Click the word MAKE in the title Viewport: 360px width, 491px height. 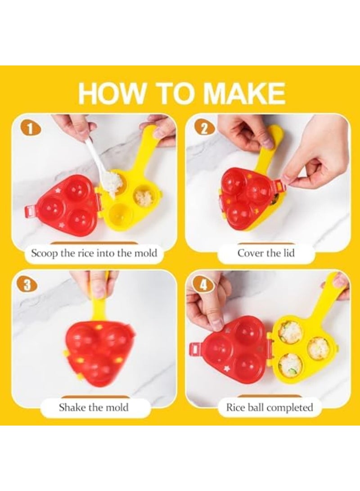pyautogui.click(x=244, y=93)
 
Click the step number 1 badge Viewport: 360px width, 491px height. pyautogui.click(x=30, y=129)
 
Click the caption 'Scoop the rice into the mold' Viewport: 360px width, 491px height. pyautogui.click(x=94, y=253)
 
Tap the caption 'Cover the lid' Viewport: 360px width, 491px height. pyautogui.click(x=266, y=253)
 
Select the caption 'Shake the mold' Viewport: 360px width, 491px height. pyautogui.click(x=94, y=408)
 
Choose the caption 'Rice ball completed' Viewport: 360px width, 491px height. pyautogui.click(x=269, y=408)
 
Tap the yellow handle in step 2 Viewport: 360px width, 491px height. pyautogui.click(x=272, y=144)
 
